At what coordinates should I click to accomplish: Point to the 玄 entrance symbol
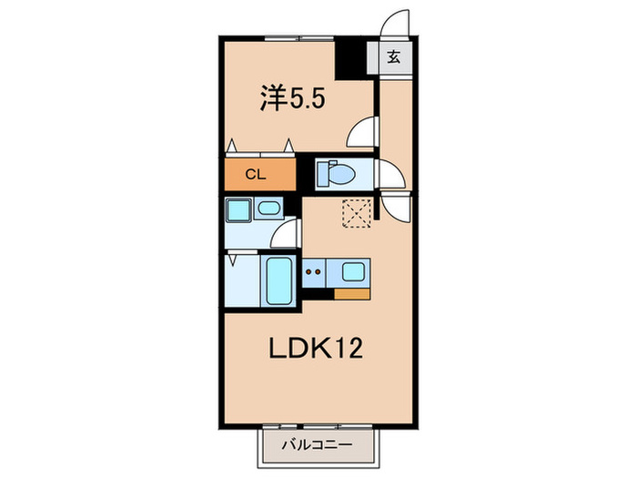(x=394, y=56)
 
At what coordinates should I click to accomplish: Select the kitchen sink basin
(x=352, y=270)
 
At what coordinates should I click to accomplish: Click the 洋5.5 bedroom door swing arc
(x=362, y=135)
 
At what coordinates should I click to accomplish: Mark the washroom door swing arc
(x=285, y=235)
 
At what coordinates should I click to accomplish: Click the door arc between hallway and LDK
(x=397, y=208)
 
